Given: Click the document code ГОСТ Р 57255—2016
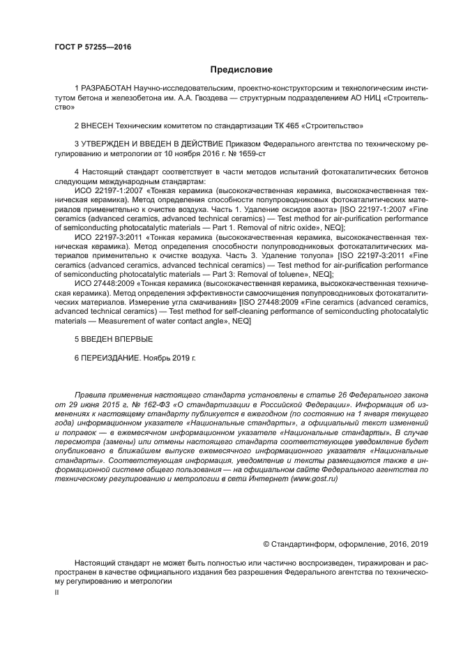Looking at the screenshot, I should click(x=93, y=47).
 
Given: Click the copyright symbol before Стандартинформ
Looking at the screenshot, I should click(x=266, y=544).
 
